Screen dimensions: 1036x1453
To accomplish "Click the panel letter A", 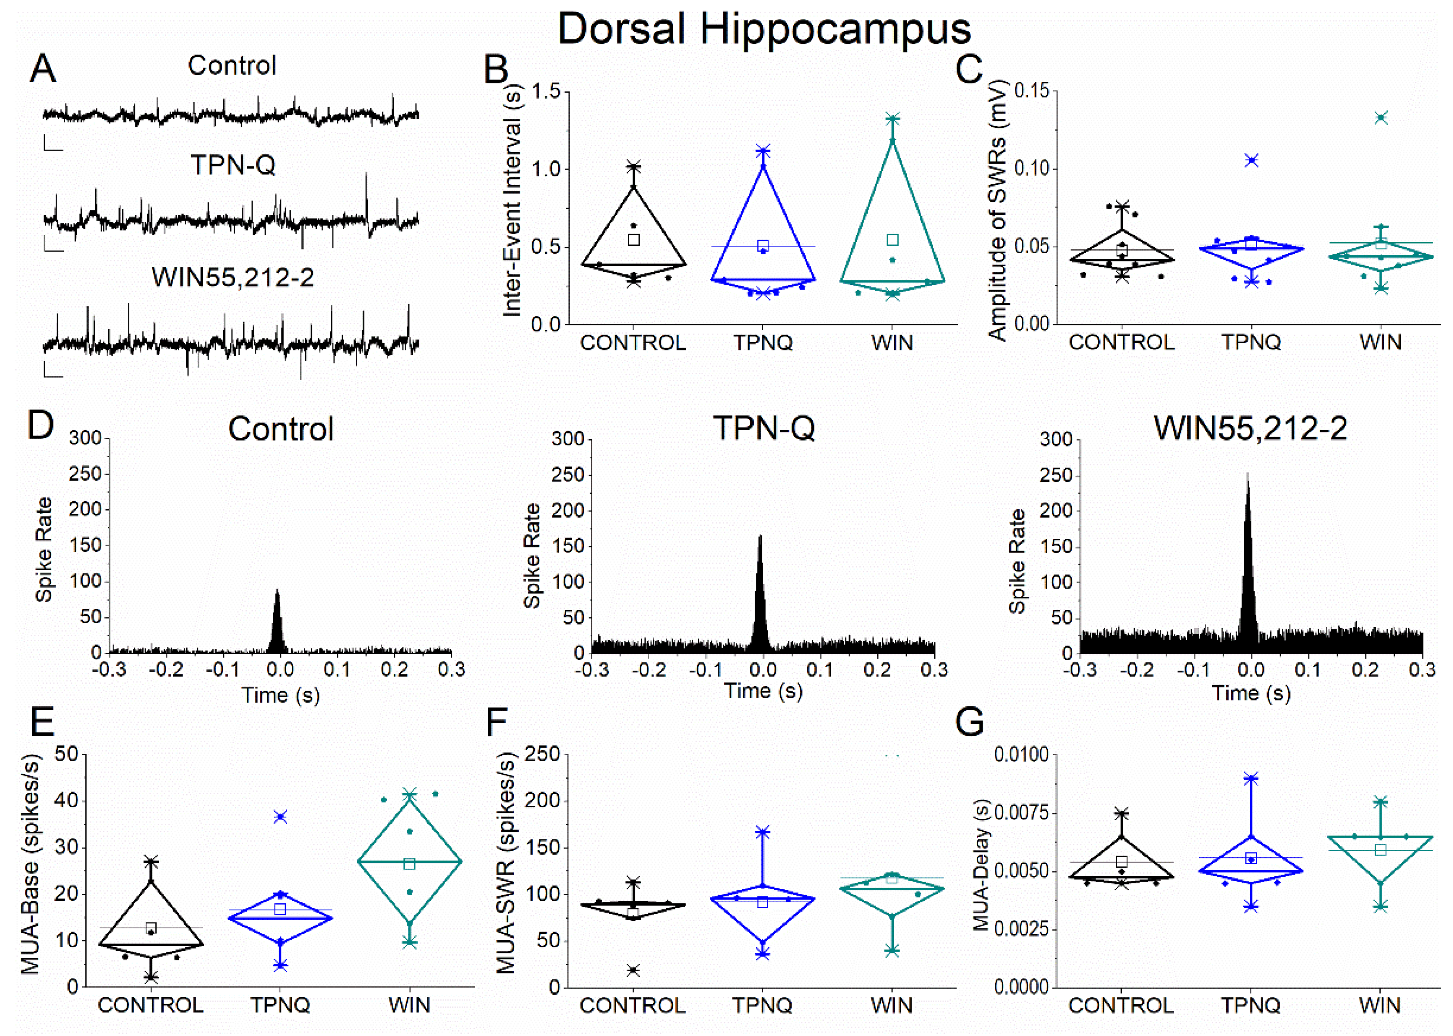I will (x=42, y=68).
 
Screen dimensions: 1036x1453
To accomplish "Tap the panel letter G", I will (x=969, y=723).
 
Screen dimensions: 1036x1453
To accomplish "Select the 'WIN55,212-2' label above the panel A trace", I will (x=233, y=277).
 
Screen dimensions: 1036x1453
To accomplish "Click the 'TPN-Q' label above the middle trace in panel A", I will (x=233, y=165).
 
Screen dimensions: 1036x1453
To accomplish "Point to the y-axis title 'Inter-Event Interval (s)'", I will (x=513, y=201).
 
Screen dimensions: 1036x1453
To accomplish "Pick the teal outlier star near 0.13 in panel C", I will (x=1381, y=117).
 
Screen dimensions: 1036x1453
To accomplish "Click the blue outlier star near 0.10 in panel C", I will (x=1252, y=160).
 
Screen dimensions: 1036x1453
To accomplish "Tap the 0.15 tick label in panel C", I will (x=1031, y=90).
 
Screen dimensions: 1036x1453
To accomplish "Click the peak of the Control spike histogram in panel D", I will (x=277, y=592).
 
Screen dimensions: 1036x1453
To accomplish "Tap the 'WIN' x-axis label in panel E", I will (x=409, y=1006).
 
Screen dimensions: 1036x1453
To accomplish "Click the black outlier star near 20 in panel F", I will (x=633, y=970).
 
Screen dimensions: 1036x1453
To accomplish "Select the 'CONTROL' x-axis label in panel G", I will (x=1121, y=1006).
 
